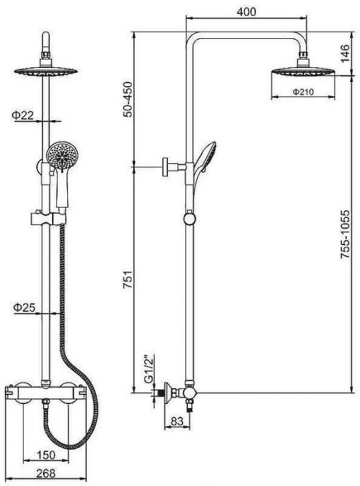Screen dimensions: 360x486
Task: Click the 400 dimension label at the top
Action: point(246,12)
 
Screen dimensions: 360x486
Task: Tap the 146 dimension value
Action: point(345,53)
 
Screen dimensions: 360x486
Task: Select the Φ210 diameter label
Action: point(303,92)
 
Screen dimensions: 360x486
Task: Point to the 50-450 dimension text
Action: point(127,99)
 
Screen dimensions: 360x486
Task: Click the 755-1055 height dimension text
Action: point(345,235)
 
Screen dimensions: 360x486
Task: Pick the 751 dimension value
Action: point(128,280)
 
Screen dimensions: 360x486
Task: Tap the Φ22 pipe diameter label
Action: point(23,115)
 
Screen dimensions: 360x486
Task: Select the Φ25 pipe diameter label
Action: point(24,308)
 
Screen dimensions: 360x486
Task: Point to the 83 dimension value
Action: point(177,421)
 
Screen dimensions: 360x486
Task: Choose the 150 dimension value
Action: point(46,455)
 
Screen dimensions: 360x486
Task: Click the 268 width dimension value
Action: point(46,474)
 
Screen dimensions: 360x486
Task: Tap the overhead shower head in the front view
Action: point(46,72)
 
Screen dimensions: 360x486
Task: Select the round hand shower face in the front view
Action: point(62,155)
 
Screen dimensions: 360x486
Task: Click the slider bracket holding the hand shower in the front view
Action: point(49,219)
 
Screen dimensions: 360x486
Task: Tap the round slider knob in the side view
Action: point(189,218)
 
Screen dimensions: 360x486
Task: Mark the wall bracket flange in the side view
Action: point(165,167)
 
